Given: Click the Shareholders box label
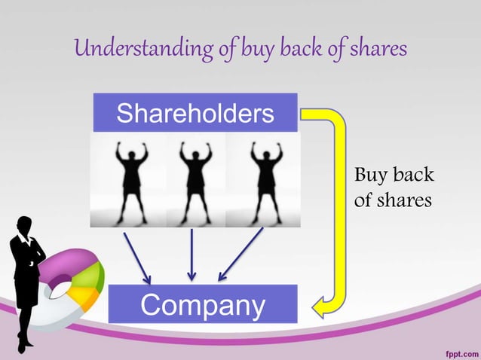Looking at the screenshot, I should tap(195, 113).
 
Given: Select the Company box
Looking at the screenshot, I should tap(202, 305).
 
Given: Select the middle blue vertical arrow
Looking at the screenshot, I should tap(192, 254).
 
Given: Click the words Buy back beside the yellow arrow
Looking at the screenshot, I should tap(394, 176).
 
